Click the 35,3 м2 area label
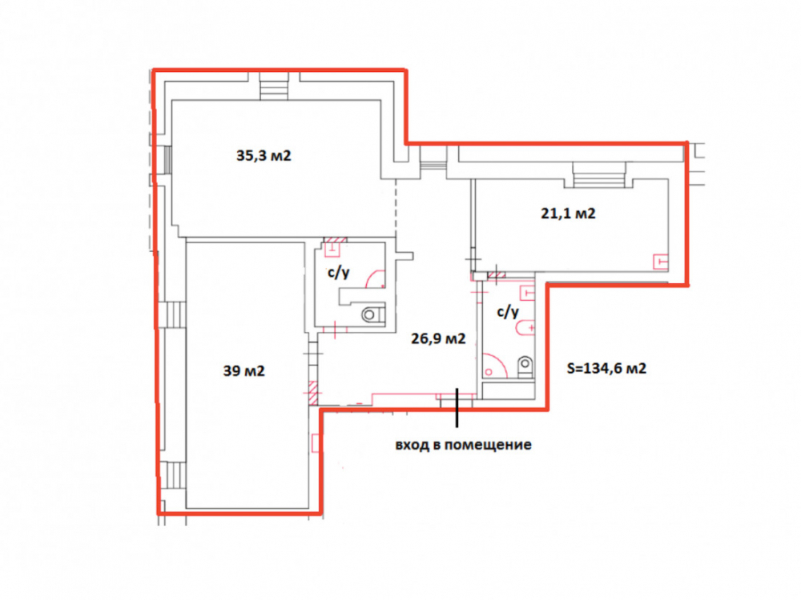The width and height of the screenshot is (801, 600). coord(264,155)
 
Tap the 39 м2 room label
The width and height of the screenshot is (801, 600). coord(244,370)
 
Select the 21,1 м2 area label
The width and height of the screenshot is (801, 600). coord(568,213)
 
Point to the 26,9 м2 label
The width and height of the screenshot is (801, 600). coord(438,338)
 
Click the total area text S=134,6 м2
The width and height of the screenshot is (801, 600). coord(606,368)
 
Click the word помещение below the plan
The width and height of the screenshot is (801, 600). coord(488,445)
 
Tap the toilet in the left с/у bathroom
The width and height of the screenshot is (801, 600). coord(372,314)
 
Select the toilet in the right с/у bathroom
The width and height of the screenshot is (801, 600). coord(525,366)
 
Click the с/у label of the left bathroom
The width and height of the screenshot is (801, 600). coord(338,273)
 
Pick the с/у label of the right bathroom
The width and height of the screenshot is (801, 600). coord(508,311)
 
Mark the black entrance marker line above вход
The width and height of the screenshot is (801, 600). coord(457,407)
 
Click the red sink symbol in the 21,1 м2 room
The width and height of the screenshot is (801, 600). coord(661,262)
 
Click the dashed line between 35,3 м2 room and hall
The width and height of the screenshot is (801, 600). coord(396,208)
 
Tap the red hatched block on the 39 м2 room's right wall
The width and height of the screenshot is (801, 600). coord(312,394)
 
